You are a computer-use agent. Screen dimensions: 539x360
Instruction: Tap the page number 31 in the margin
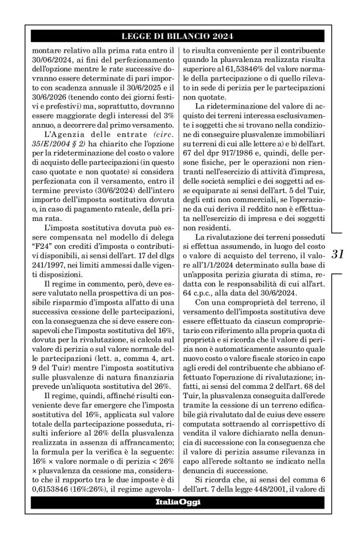tap(338, 254)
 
